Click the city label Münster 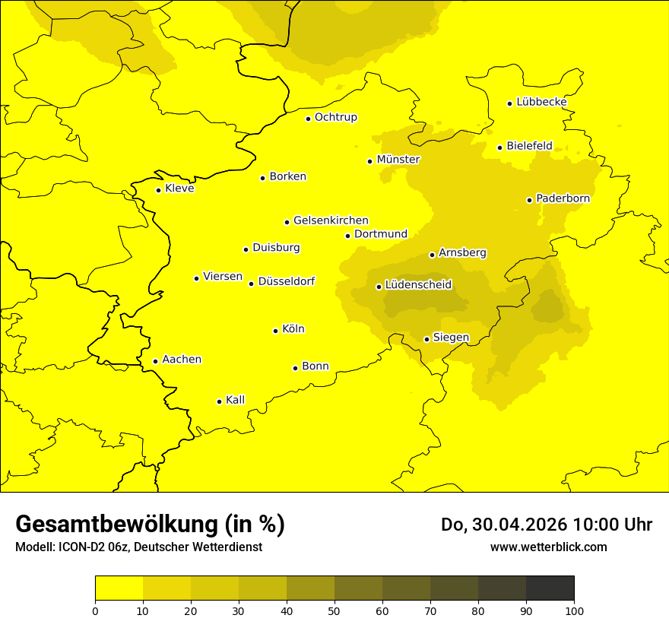tap(398, 160)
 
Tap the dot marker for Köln tap(276, 331)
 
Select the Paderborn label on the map tap(563, 198)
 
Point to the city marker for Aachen tap(156, 361)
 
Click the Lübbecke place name tap(541, 102)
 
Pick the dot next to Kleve tap(159, 190)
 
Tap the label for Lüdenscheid tap(418, 285)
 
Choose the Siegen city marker tap(427, 339)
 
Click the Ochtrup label tap(336, 117)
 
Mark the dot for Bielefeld tap(500, 147)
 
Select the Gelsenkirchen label tap(331, 220)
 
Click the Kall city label tap(236, 400)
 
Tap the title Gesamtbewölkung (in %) tap(150, 525)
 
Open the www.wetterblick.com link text tap(548, 547)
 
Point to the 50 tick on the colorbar tap(334, 610)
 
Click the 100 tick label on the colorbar tap(574, 610)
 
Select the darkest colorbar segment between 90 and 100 tap(550, 588)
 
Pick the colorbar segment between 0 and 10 tap(119, 588)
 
